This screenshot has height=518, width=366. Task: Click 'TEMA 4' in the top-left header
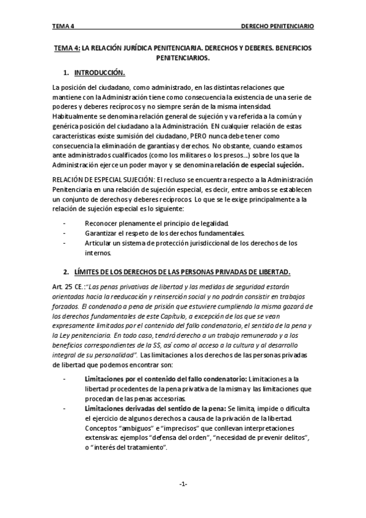pos(63,27)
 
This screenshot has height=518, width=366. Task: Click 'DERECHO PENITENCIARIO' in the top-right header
pos(277,27)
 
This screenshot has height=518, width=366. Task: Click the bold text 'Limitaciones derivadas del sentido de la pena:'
pos(155,407)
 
